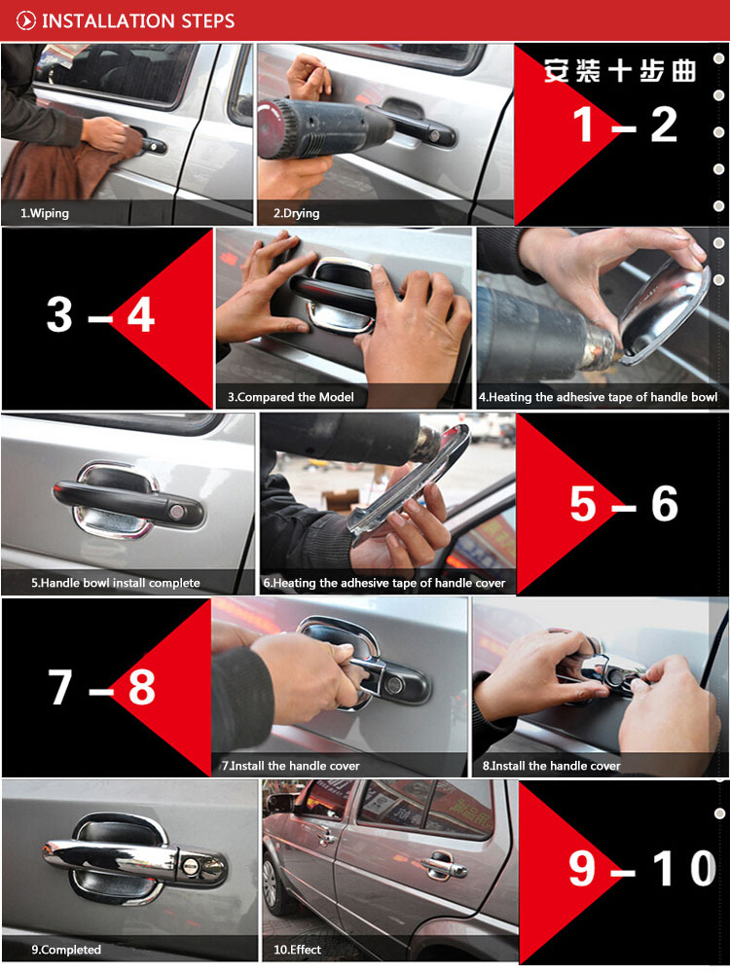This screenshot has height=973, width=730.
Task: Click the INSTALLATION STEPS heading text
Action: [138, 21]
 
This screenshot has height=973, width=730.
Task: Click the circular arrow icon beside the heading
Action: [25, 21]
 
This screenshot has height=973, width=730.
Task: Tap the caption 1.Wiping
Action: [44, 213]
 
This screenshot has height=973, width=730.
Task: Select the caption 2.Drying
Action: [297, 213]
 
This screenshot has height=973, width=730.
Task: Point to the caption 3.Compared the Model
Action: [290, 397]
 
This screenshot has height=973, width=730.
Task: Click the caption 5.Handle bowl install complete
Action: [116, 583]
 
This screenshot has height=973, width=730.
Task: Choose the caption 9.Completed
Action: [66, 950]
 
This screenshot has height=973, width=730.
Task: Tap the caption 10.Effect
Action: [297, 950]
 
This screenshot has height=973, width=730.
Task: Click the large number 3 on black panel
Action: [59, 314]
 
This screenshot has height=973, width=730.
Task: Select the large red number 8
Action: [141, 687]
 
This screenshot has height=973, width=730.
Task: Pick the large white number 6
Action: [664, 503]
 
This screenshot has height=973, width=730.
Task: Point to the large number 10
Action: [686, 869]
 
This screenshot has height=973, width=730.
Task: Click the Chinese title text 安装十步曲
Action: [620, 71]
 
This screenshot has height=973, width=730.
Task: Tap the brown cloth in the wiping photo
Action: [68, 167]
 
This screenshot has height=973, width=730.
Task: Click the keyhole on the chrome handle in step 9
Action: [191, 866]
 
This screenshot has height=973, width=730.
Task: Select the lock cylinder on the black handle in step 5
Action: [177, 512]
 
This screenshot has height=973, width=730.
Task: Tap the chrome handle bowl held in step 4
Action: [664, 313]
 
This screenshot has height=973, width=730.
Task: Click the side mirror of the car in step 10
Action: [279, 804]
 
